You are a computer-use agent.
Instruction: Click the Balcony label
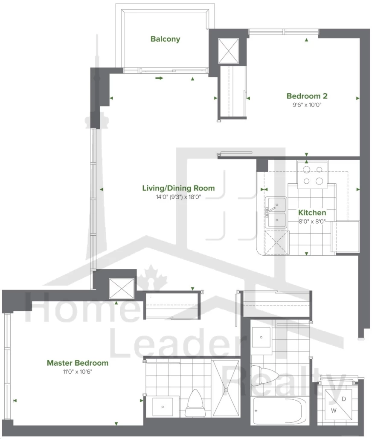point(165,39)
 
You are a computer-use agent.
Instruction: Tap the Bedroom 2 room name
point(307,96)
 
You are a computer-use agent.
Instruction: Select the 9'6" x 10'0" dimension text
point(307,105)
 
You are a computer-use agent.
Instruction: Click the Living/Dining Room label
point(179,188)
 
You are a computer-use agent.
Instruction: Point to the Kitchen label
point(312,213)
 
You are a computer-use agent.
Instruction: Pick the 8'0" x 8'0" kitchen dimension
point(312,222)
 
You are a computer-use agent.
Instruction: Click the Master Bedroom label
point(78,363)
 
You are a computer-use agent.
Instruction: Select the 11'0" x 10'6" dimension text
point(78,372)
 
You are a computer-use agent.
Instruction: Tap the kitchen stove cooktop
point(313,175)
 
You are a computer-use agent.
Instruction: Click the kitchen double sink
point(276,212)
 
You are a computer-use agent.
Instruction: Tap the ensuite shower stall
point(226,388)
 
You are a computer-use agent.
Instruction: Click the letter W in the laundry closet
point(334,411)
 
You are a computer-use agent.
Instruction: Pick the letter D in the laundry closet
point(344,399)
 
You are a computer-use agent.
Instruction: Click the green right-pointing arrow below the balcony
point(159,78)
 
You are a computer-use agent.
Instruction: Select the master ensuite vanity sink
point(163,407)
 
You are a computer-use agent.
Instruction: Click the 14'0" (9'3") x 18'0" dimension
point(179,197)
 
